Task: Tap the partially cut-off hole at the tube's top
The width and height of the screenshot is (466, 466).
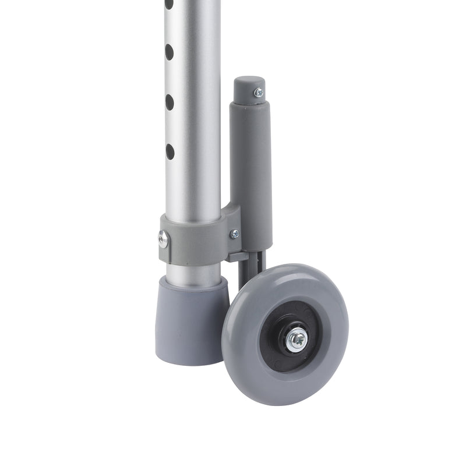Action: (x=169, y=3)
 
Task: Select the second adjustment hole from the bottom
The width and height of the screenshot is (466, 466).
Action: (x=170, y=103)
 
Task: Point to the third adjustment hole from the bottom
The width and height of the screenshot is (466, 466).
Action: (x=169, y=52)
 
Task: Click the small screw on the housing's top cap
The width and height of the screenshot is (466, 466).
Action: (x=258, y=93)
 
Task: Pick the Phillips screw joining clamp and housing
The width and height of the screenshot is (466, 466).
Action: (x=234, y=234)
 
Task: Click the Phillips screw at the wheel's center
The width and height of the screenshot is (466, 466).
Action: (x=297, y=338)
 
